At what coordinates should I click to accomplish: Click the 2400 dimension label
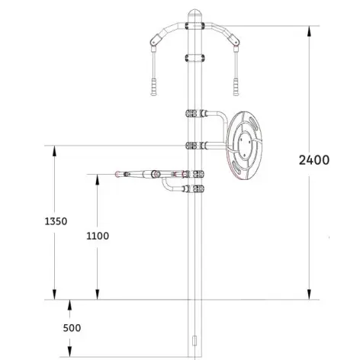pyautogui.click(x=314, y=160)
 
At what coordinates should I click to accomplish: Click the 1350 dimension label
pyautogui.click(x=56, y=221)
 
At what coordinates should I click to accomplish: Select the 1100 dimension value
pyautogui.click(x=98, y=236)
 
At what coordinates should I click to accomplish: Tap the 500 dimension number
pyautogui.click(x=72, y=328)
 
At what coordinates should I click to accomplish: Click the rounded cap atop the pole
pyautogui.click(x=194, y=13)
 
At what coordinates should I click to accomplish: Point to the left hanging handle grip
pyautogui.click(x=153, y=87)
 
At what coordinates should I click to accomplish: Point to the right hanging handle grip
pyautogui.click(x=236, y=87)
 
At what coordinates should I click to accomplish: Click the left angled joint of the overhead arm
pyautogui.click(x=156, y=40)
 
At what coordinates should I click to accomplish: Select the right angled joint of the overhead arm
pyautogui.click(x=234, y=40)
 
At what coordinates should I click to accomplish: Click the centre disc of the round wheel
pyautogui.click(x=244, y=146)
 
